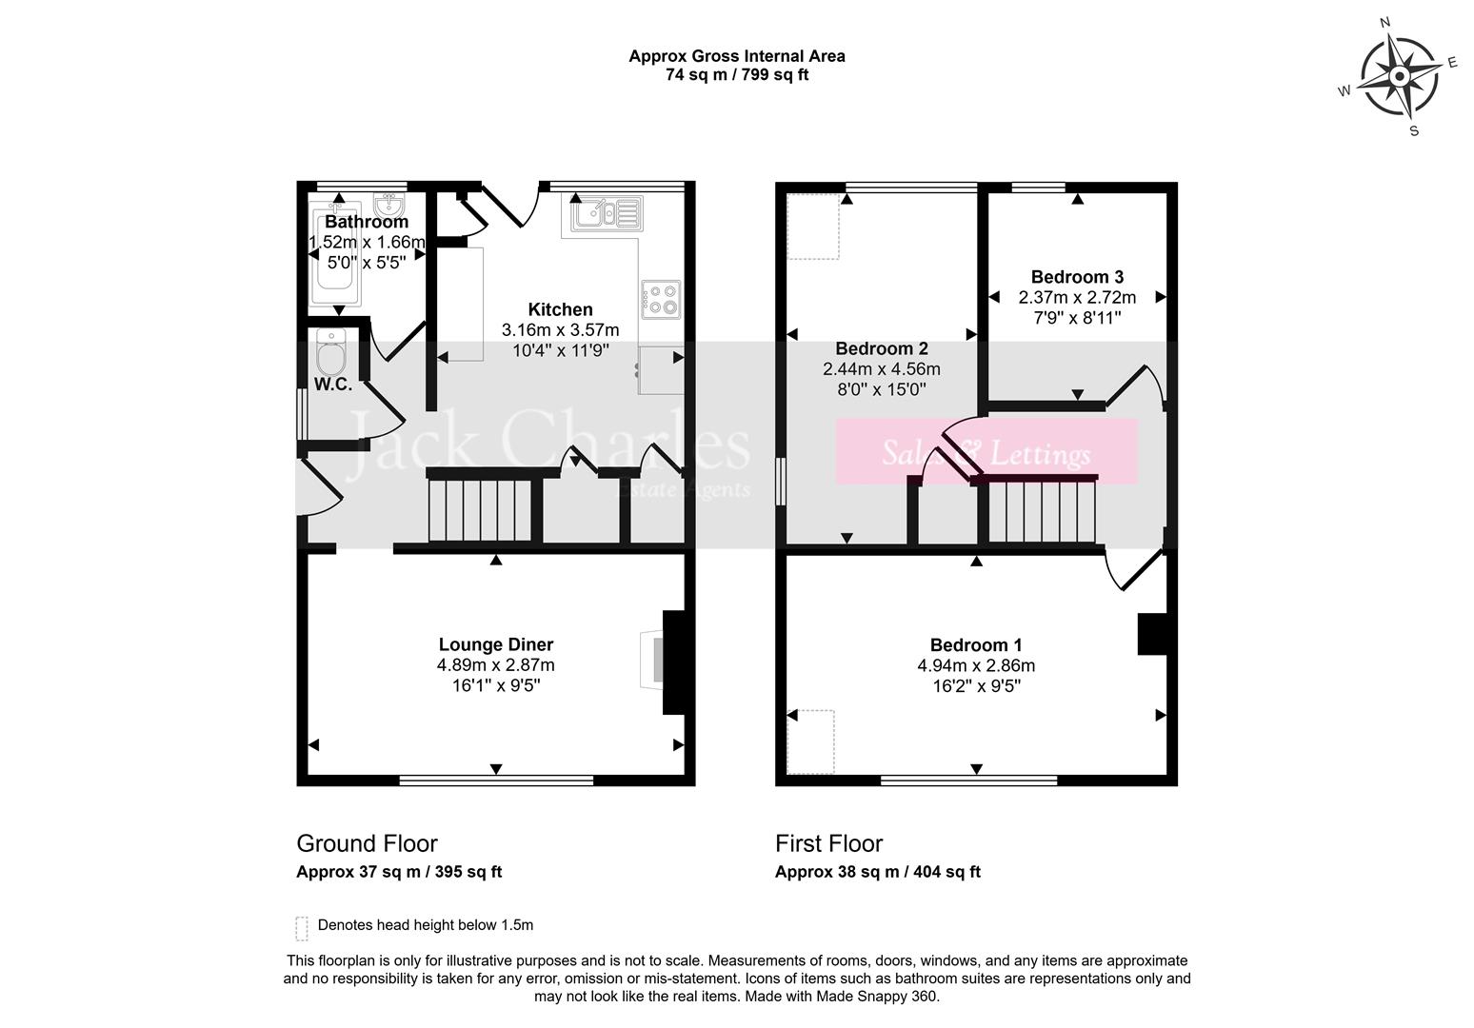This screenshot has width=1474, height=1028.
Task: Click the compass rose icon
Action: coord(1399,77)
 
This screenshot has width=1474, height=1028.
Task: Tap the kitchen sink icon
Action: coord(606,213)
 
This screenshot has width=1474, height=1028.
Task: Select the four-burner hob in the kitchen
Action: coord(662,298)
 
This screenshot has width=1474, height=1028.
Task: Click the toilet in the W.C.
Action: coord(331,355)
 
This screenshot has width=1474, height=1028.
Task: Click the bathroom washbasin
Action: coord(388,207)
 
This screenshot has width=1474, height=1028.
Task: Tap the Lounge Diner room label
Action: coord(495,644)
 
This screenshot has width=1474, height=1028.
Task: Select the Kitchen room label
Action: coord(560,309)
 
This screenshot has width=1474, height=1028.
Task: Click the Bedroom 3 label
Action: coord(1077,277)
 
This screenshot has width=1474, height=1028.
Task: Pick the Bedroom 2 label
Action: coord(881,348)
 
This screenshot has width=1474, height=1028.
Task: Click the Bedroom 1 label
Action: coord(976,644)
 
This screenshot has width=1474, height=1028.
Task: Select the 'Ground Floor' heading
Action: coord(367,843)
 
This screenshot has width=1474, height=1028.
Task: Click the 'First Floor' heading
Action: coord(828,843)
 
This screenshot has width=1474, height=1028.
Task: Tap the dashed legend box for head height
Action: coord(303,927)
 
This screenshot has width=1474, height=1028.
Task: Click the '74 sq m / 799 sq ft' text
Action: coord(736,75)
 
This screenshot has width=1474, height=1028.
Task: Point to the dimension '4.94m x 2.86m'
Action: coord(976,665)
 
